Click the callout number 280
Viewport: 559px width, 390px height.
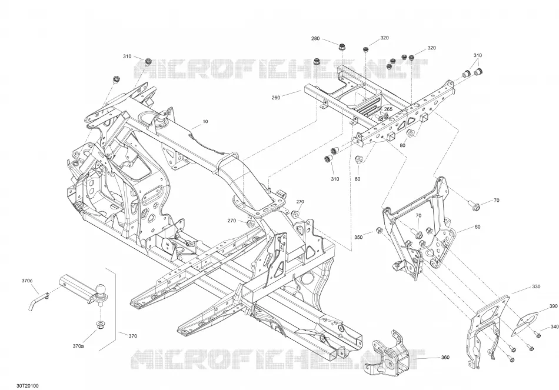tap(315, 38)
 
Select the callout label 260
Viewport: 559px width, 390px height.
tap(275, 97)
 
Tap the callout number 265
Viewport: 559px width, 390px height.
tap(388, 109)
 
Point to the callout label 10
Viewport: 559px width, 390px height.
tap(205, 122)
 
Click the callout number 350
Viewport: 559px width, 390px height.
tap(358, 237)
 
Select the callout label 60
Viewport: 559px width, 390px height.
tap(477, 226)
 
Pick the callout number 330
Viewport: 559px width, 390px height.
tap(536, 286)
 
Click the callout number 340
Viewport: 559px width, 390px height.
tap(554, 326)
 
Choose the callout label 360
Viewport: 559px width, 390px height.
tap(445, 357)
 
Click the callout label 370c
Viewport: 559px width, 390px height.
tap(27, 281)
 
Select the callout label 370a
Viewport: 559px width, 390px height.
tap(78, 346)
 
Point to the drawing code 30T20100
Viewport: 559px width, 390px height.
tap(28, 386)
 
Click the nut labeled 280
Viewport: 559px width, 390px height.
tap(341, 47)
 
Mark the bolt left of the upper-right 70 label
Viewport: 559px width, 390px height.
tap(474, 205)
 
